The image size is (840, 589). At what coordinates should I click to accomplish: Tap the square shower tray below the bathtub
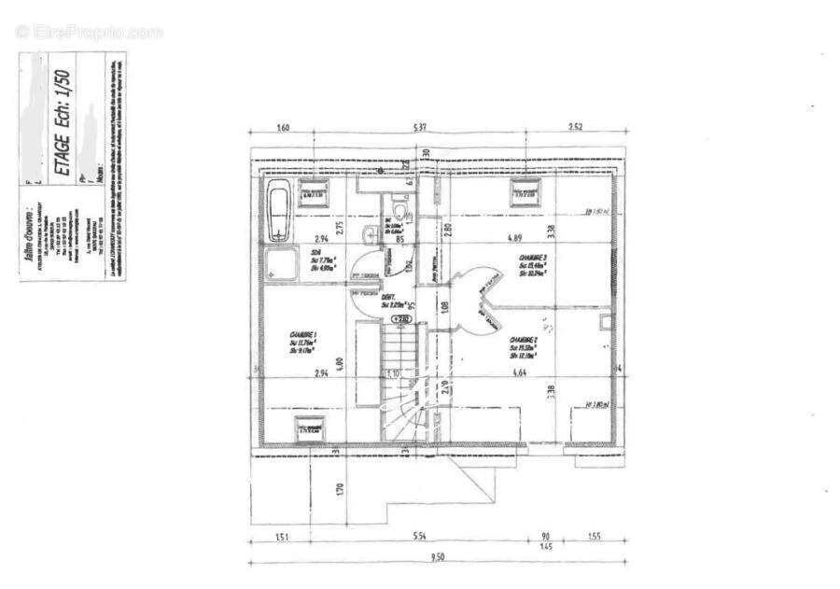[x=277, y=264]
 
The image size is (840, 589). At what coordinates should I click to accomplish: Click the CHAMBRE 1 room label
[x=303, y=342]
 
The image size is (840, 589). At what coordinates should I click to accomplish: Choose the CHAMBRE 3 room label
[x=535, y=264]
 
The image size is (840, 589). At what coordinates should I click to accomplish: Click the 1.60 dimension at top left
[x=284, y=128]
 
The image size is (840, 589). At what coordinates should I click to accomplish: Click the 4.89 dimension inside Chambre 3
[x=514, y=239]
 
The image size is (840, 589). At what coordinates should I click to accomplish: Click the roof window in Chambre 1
[x=309, y=429]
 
